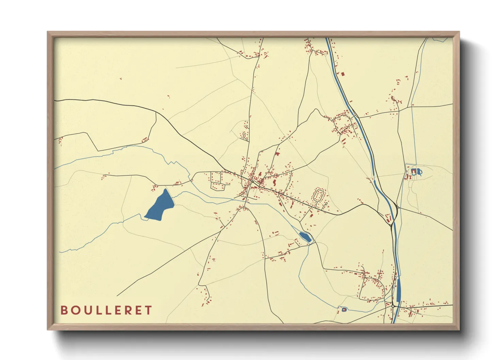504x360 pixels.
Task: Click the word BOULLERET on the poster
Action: (x=106, y=310)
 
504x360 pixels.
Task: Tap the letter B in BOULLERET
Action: (x=64, y=310)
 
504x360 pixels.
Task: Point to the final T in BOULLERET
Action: (x=148, y=310)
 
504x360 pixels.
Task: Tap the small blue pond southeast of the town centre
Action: (x=304, y=236)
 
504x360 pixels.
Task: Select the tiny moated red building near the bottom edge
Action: (x=344, y=310)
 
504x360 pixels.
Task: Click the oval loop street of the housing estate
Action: (x=319, y=195)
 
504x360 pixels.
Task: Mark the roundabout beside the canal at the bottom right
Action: (x=393, y=306)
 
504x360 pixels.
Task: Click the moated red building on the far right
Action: (x=414, y=171)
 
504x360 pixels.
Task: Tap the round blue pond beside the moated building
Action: (x=420, y=172)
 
